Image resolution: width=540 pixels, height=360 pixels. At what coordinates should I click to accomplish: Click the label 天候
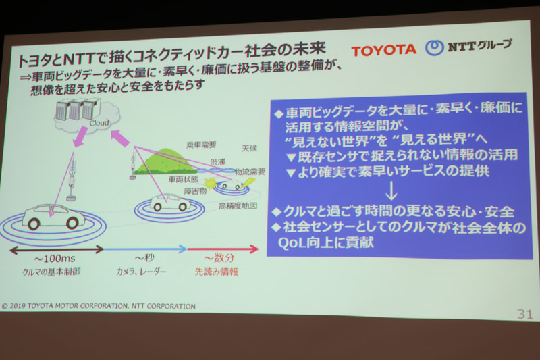coord(249,147)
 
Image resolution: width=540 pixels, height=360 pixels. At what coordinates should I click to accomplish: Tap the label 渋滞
coord(217,162)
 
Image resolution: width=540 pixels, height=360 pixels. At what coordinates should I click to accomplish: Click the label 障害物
coord(196,190)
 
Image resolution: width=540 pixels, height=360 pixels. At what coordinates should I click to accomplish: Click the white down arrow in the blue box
coord(391,186)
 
